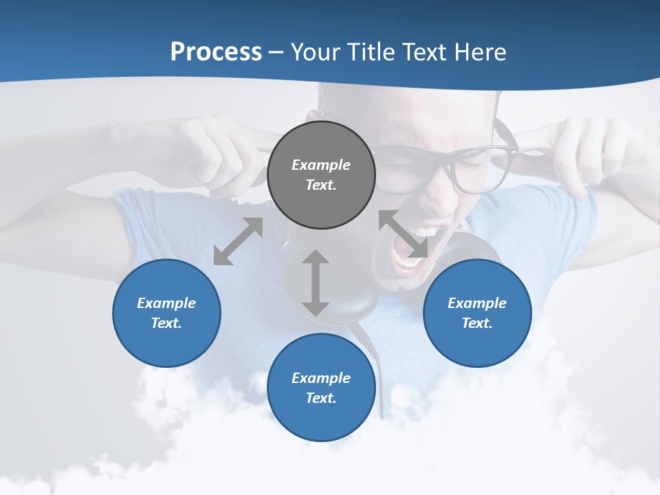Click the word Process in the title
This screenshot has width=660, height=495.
[x=216, y=52]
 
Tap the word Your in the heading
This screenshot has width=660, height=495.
[x=317, y=52]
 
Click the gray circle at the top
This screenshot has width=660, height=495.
[x=321, y=175]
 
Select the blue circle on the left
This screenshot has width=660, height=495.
[x=166, y=313]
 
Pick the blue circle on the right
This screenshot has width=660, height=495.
[x=477, y=313]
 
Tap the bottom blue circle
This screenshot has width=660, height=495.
[x=321, y=388]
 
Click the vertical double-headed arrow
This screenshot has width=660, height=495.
[x=316, y=283]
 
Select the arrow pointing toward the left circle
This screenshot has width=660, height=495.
[x=238, y=241]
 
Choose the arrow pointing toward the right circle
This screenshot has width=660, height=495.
[x=404, y=234]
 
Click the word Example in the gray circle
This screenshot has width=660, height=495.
[x=321, y=165]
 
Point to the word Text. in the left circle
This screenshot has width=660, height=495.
[x=166, y=323]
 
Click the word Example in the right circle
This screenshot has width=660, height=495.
[x=477, y=303]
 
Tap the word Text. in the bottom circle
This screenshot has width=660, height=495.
[x=321, y=398]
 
